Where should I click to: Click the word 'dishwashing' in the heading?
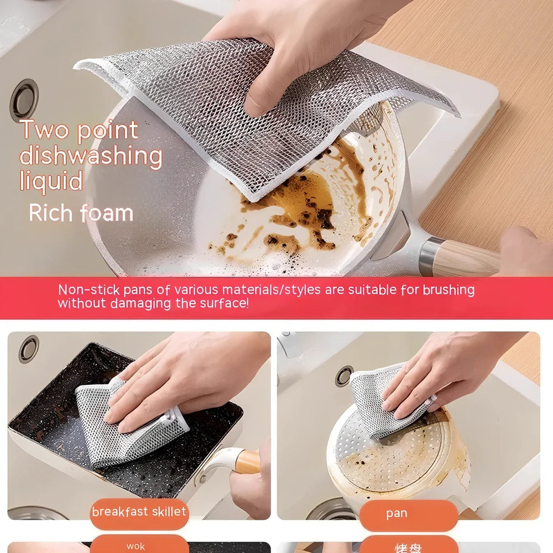(x=91, y=156)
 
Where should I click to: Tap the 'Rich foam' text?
(x=81, y=213)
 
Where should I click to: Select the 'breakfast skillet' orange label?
(x=139, y=512)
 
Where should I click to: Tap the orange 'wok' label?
(x=136, y=546)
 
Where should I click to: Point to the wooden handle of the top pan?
(x=467, y=258)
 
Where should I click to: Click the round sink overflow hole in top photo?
(x=24, y=100)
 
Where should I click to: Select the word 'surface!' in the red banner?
(x=224, y=304)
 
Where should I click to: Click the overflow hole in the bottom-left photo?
(x=28, y=349)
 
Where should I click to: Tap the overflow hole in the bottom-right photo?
(x=343, y=376)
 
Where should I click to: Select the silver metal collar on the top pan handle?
(x=426, y=255)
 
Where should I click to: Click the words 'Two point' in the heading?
(x=79, y=130)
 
